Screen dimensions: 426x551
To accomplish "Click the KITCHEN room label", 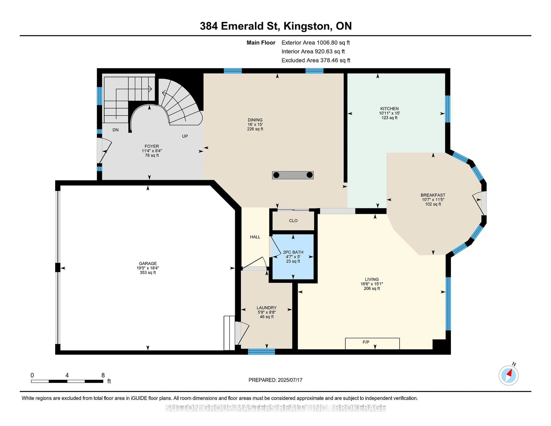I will (389, 109).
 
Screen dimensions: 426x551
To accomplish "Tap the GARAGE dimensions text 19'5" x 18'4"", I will (148, 268).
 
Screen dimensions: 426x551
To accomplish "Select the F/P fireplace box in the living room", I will (372, 343).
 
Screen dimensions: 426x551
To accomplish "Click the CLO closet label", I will (293, 221).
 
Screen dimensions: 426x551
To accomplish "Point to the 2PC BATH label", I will (293, 252).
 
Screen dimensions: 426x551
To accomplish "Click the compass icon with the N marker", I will (508, 375).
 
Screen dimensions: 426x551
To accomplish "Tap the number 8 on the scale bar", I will (103, 375).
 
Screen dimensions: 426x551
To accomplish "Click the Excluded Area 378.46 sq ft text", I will (316, 60).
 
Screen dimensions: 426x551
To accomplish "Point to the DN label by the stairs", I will (115, 130).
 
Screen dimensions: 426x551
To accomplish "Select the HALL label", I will (255, 237).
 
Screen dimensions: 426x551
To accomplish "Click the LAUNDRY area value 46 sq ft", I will (267, 317).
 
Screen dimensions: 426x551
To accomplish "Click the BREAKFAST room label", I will (433, 195).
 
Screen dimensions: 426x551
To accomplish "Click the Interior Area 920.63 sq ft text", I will (313, 52).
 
